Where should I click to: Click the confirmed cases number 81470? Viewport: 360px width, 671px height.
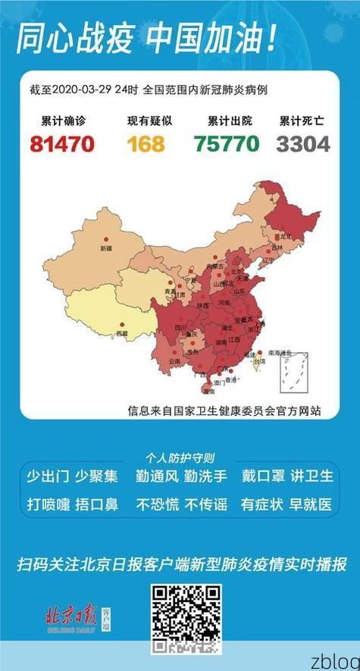pyautogui.click(x=61, y=142)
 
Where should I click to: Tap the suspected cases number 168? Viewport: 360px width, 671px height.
pyautogui.click(x=146, y=142)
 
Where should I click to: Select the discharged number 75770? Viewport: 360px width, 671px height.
pyautogui.click(x=225, y=142)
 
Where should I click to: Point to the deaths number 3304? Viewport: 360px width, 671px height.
pyautogui.click(x=302, y=142)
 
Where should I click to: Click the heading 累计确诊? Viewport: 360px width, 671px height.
pyautogui.click(x=61, y=120)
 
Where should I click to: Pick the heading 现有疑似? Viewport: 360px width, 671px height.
pyautogui.click(x=146, y=120)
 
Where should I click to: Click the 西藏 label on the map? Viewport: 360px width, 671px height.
pyautogui.click(x=122, y=333)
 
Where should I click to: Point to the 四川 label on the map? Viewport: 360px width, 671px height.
pyautogui.click(x=181, y=327)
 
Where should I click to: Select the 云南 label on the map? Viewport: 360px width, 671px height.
pyautogui.click(x=174, y=362)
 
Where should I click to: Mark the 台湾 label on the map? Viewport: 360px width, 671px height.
pyautogui.click(x=258, y=363)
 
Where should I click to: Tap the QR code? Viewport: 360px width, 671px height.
pyautogui.click(x=186, y=619)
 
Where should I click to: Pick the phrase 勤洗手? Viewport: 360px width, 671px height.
pyautogui.click(x=206, y=476)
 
